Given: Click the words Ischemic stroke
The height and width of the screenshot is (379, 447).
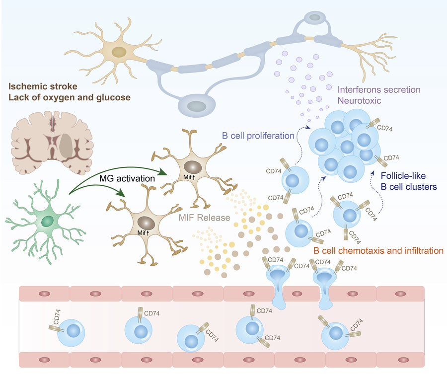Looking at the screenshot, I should pyautogui.click(x=41, y=86).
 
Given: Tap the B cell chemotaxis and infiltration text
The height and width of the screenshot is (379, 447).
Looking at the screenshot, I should pyautogui.click(x=378, y=251).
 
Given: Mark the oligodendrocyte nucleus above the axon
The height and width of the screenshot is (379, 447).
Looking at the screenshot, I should pyautogui.click(x=315, y=18).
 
